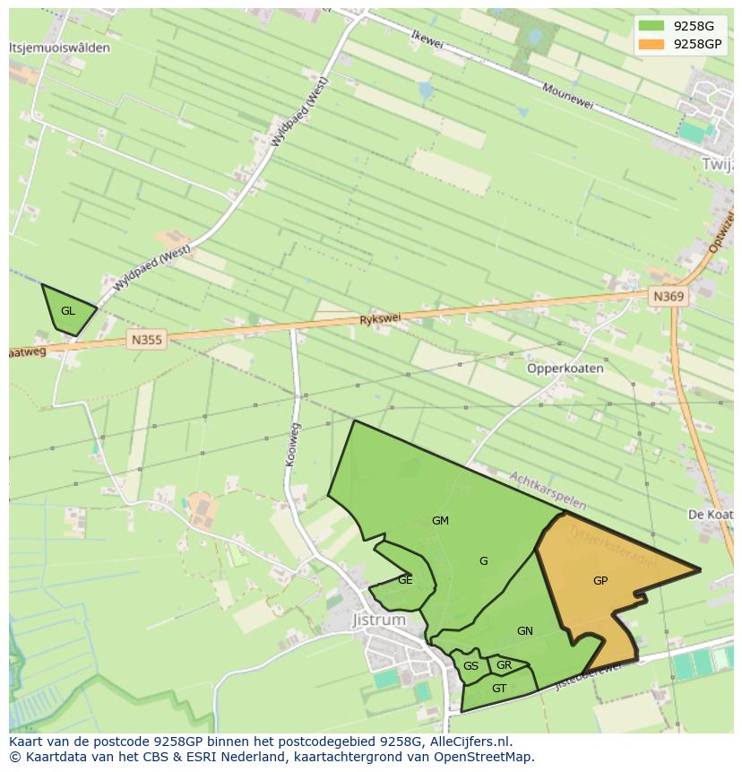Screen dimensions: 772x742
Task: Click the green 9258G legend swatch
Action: [x=651, y=26]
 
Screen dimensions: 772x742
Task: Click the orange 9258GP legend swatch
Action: [x=651, y=44]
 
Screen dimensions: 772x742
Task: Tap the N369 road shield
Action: [x=669, y=297]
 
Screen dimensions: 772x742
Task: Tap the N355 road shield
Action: [x=147, y=339]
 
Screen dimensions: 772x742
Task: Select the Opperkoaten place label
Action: [x=565, y=369]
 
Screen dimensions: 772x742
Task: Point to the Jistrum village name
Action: [x=379, y=620]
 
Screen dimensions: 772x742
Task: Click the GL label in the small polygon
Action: [x=68, y=311]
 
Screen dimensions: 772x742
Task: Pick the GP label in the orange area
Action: [x=600, y=581]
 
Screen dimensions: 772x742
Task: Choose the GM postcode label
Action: [x=440, y=521]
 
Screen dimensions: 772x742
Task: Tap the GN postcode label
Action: [x=525, y=631]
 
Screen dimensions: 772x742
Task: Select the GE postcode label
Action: [x=405, y=580]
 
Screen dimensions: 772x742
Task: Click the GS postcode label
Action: [x=470, y=666]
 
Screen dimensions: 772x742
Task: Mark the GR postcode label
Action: [x=504, y=665]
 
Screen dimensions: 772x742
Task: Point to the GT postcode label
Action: [x=499, y=689]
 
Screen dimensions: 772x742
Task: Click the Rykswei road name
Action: [x=380, y=319]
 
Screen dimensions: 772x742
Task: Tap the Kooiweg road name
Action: [x=291, y=445]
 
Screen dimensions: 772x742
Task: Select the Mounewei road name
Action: [x=568, y=97]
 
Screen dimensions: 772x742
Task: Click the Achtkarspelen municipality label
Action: [x=548, y=491]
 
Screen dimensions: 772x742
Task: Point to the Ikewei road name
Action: [x=427, y=41]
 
